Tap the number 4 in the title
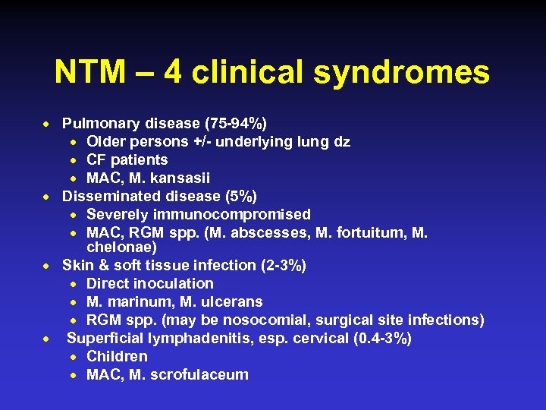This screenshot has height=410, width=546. [171, 73]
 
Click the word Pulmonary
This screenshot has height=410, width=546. [98, 123]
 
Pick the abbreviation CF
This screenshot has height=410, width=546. [97, 159]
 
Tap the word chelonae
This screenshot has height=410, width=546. [122, 248]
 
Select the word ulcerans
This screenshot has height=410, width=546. [228, 301]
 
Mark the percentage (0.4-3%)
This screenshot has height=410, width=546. [383, 338]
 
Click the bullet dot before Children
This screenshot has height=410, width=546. [77, 357]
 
